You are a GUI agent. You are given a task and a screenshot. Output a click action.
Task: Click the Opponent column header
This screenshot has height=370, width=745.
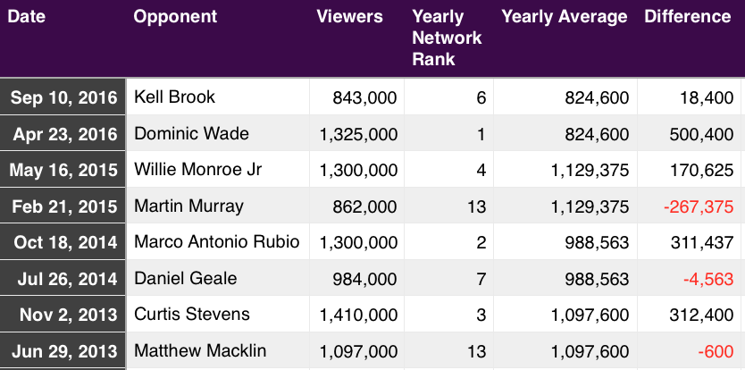coord(175,17)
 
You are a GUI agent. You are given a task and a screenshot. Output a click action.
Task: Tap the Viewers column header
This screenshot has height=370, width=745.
coord(349,17)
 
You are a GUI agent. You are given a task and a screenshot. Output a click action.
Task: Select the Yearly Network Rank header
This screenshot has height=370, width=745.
coord(447,38)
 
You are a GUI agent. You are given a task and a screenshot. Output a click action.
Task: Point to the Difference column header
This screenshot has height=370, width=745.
coord(688,17)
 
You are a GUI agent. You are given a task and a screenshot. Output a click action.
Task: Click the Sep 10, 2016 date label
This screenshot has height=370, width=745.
coord(63,97)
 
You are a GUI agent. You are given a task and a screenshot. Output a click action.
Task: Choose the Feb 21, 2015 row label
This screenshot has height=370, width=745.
coord(64,206)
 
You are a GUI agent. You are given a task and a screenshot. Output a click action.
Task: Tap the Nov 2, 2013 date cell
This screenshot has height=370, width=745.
coord(69,315)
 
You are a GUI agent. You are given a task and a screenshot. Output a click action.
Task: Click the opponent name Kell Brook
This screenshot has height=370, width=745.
coord(174,97)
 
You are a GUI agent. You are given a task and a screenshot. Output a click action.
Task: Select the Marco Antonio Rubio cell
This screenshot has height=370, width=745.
coord(217,242)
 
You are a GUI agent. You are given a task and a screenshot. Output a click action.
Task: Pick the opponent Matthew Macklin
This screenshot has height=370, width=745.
coord(200,351)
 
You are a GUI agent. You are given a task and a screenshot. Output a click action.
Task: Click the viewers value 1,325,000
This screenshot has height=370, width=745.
coord(358,135)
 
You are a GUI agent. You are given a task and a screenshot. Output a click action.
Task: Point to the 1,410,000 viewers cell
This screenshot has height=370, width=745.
coord(358,315)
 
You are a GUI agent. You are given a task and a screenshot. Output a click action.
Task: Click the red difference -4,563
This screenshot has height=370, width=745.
coord(708,279)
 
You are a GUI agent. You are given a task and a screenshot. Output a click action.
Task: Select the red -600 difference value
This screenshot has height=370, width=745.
coord(716,351)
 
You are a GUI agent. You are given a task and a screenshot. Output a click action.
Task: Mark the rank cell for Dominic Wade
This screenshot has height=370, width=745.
coord(481,135)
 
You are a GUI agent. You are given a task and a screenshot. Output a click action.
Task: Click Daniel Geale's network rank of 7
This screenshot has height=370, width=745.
coord(481,279)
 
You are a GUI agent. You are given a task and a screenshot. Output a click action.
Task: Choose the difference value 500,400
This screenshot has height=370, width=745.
coord(701,135)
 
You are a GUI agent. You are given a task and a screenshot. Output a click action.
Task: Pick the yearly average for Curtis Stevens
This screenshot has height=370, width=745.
coord(590,315)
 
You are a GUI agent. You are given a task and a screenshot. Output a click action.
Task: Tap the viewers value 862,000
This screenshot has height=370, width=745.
coord(364,206)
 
